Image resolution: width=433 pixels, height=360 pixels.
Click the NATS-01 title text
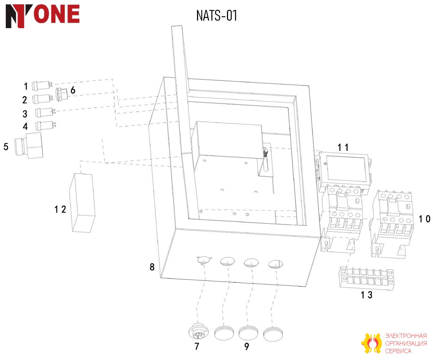(216, 16)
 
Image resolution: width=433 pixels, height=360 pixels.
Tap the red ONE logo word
(56, 14)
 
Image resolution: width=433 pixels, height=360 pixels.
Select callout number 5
(6, 147)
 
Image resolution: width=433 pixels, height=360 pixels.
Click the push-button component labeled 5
(29, 146)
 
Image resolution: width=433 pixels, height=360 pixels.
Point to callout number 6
(73, 90)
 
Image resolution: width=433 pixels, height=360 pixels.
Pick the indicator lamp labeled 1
(42, 85)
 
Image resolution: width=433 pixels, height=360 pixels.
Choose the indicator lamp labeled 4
(45, 126)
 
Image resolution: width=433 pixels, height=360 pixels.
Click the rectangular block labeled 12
(82, 203)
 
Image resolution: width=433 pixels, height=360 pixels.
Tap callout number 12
(60, 209)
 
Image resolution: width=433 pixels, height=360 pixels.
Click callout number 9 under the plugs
(246, 346)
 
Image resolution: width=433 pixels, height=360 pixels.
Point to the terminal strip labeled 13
(367, 278)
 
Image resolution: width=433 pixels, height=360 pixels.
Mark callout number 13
(367, 295)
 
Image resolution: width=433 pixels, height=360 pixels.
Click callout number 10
(424, 219)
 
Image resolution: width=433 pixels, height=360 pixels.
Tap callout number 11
(343, 147)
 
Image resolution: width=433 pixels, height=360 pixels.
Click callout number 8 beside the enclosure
(152, 267)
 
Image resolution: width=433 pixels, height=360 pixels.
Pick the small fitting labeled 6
(62, 95)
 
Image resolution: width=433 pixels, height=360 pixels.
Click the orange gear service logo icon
(371, 343)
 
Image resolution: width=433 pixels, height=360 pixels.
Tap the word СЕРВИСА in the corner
(398, 351)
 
